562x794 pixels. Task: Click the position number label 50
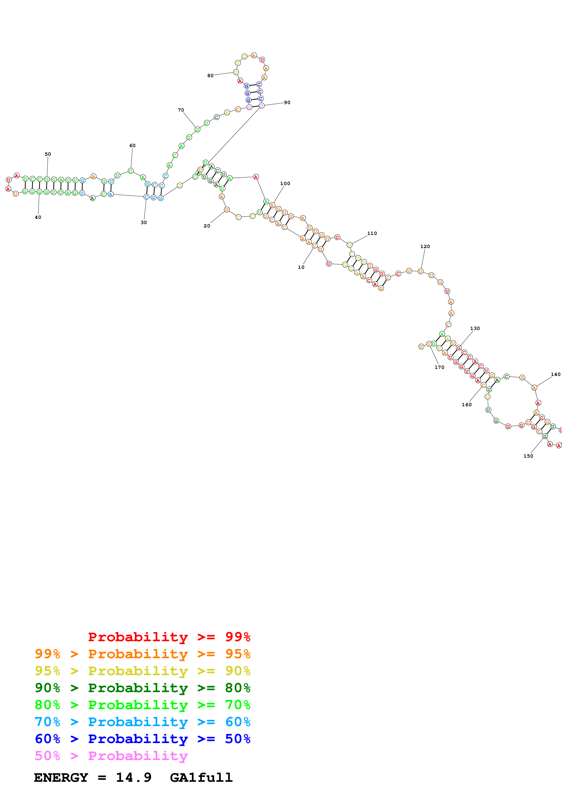48,154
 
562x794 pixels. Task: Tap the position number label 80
210,76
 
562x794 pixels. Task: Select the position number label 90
287,103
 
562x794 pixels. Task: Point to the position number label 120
425,246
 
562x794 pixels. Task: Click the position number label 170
439,367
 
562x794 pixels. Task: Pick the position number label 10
301,267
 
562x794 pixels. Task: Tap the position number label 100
285,184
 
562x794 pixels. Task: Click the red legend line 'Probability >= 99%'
169,637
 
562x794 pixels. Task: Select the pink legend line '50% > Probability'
111,756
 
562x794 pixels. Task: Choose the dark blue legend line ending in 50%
142,739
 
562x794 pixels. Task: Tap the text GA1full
201,778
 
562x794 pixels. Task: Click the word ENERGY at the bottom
61,778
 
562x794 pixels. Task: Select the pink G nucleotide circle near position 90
249,108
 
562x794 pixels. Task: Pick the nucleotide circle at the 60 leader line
131,171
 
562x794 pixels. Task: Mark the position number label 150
528,456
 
